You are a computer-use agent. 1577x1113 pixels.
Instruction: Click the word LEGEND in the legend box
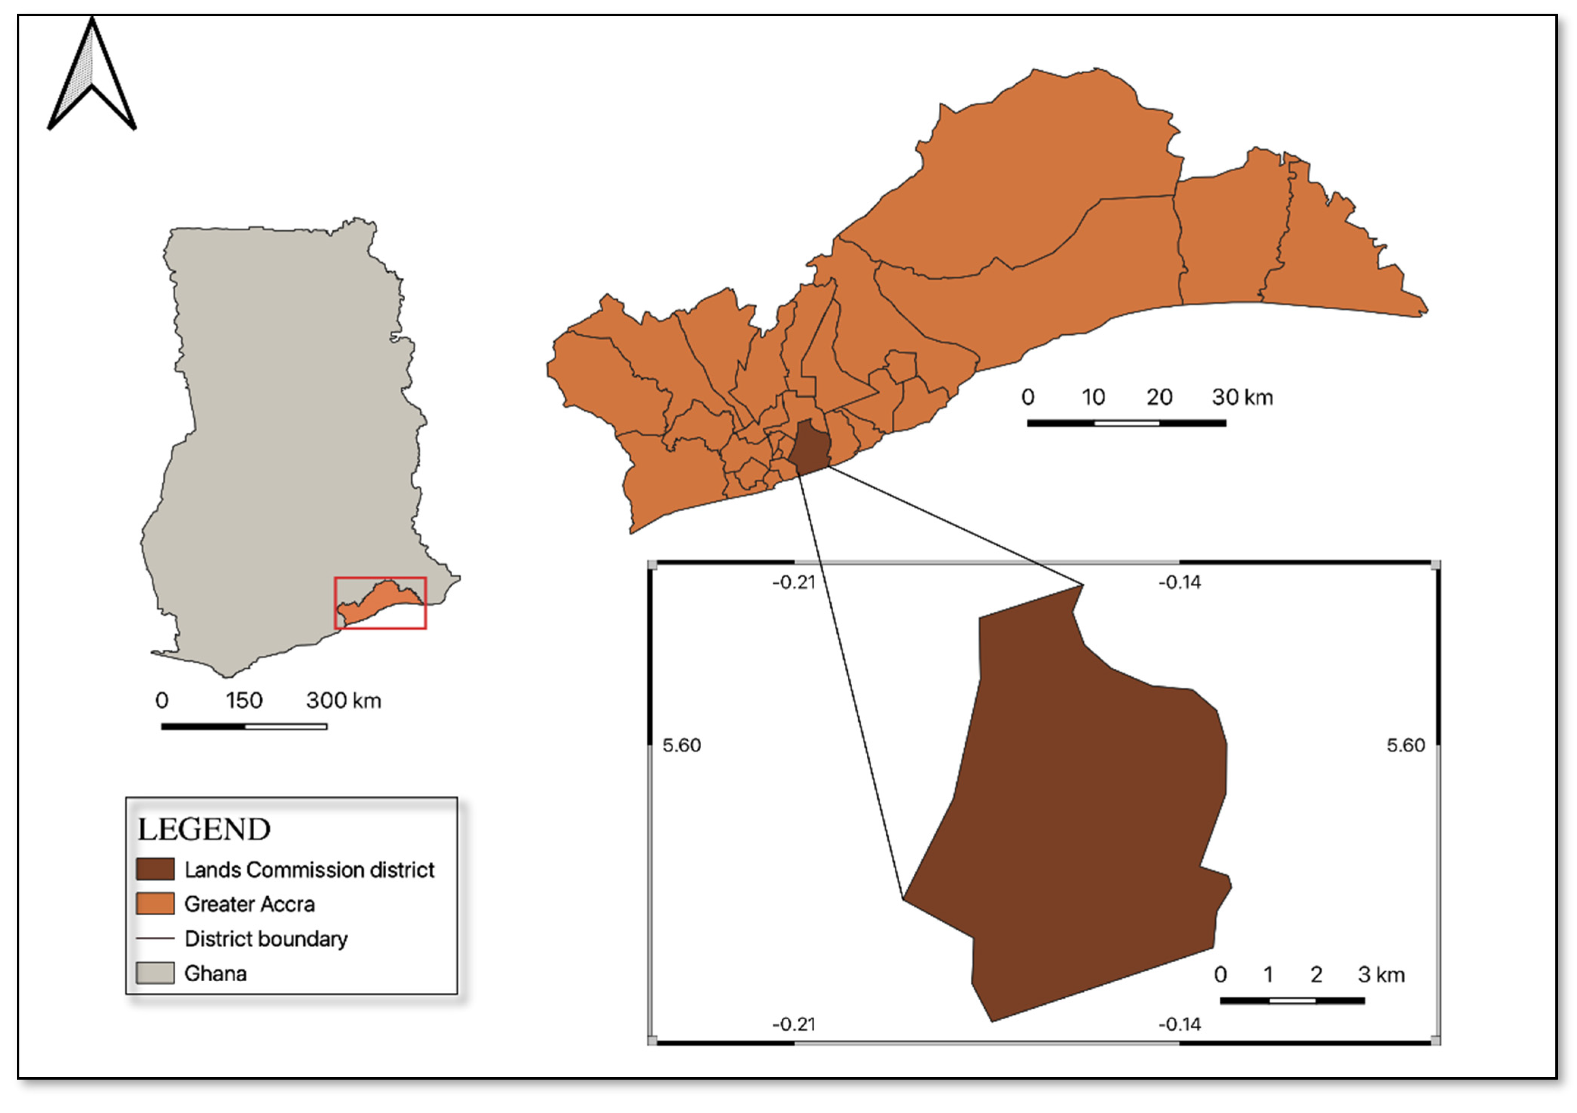point(204,829)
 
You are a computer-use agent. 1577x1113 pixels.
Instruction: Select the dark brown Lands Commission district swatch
point(154,869)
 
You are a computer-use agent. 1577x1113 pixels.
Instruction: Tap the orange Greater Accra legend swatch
point(154,904)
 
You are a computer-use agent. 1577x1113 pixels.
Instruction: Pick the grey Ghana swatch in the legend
point(154,973)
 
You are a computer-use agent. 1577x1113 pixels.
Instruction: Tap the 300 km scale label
point(343,701)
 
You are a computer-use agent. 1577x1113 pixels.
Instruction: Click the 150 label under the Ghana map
point(244,701)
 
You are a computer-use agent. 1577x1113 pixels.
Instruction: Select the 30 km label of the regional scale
point(1242,397)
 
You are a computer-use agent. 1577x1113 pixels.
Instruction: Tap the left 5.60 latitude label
point(681,745)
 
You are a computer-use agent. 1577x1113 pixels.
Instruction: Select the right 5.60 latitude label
point(1405,745)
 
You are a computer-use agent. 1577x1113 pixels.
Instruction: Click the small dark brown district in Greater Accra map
point(809,448)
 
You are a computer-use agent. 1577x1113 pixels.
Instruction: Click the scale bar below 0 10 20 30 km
point(1127,423)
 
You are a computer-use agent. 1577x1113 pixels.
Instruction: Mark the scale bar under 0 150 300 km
point(244,726)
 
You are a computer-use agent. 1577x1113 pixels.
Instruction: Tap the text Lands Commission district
point(309,870)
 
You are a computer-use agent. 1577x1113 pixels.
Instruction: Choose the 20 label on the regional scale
point(1159,397)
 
